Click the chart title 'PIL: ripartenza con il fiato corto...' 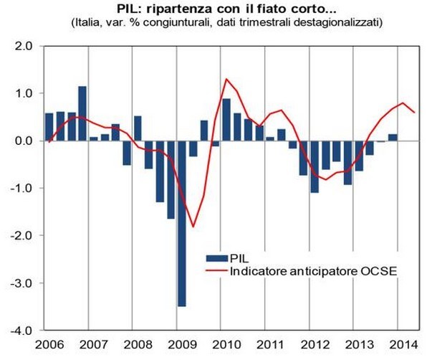[219, 9]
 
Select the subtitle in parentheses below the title [219, 23]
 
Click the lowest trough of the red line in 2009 [193, 227]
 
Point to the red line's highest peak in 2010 [226, 79]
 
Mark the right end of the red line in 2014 [415, 112]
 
